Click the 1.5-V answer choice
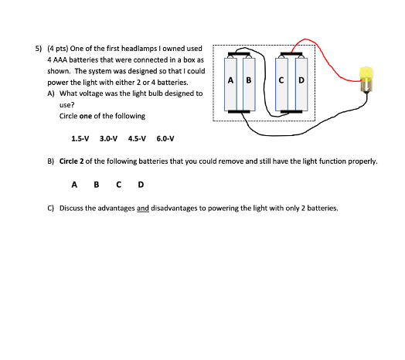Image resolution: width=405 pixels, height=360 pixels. (80, 139)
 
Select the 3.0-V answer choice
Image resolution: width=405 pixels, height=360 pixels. (108, 139)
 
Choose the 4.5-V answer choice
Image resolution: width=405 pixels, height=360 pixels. (137, 139)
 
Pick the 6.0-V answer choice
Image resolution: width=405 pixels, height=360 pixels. (165, 139)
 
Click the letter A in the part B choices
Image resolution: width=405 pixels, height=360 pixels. (74, 185)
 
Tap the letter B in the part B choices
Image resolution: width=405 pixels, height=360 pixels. (97, 185)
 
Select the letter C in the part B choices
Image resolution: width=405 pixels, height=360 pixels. (118, 185)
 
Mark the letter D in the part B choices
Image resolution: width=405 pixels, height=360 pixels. (141, 185)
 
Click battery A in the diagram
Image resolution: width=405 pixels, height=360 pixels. (230, 83)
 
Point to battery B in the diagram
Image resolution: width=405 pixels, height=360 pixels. (249, 83)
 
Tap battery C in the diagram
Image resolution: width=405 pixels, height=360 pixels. (281, 83)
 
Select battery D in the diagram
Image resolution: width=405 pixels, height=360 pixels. (301, 83)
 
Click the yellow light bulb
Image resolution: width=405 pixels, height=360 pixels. (366, 79)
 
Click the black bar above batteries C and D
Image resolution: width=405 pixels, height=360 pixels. (291, 54)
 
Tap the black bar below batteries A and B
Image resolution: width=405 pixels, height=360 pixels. (239, 111)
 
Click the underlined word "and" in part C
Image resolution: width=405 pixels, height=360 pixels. (143, 208)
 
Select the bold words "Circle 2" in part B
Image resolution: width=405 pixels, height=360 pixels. (72, 161)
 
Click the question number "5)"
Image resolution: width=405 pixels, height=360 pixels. (38, 49)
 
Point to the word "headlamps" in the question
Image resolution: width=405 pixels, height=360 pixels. (139, 49)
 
